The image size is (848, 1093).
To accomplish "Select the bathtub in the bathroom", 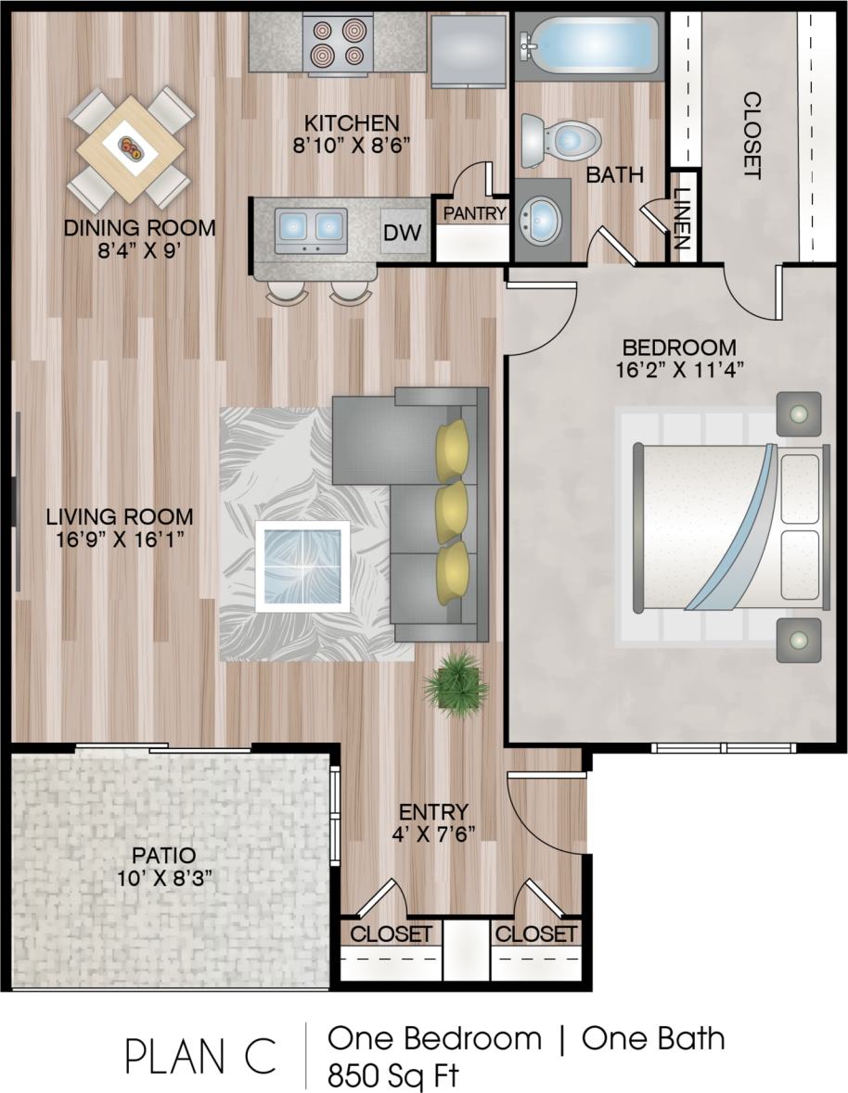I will pos(588,43).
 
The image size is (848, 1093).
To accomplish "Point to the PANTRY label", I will pos(474,213).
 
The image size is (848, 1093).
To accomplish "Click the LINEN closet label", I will pos(683,219).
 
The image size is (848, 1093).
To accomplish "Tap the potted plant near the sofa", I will pos(456,684).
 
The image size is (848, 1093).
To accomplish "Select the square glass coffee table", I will pos(302,566).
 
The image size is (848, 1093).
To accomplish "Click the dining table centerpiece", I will pos(131,147).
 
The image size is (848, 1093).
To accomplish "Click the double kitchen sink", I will pos(311,225).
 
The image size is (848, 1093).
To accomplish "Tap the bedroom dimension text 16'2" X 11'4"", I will pos(679,368).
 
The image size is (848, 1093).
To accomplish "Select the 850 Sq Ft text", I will pos(392,1075).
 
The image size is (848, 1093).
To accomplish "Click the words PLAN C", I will pos(200,1056).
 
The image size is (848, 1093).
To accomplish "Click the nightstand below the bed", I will pos(798,640).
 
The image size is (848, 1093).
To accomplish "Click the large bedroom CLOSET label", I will pos(752,134).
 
